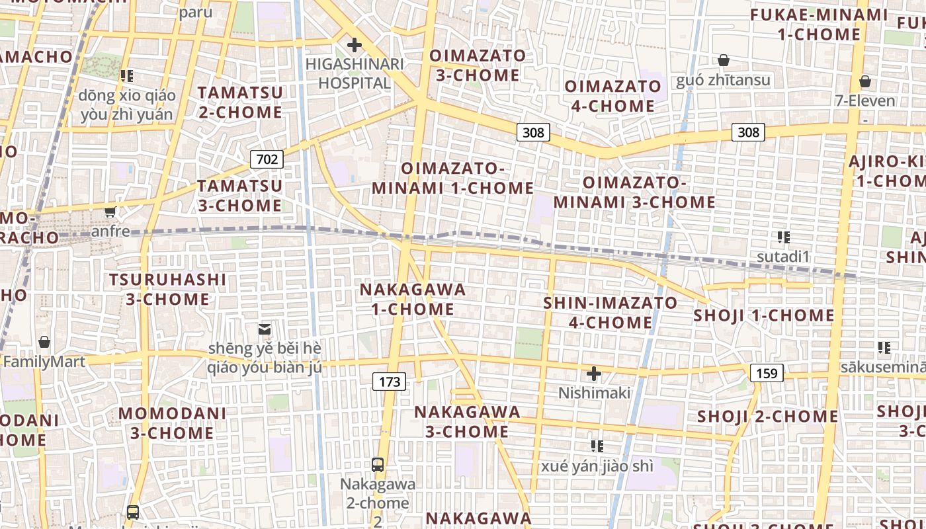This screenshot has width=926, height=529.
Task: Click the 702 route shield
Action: tap(267, 159)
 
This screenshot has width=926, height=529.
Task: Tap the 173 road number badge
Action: tap(390, 382)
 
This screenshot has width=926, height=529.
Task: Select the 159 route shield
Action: tap(767, 374)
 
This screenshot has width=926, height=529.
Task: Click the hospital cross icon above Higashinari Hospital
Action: tap(355, 45)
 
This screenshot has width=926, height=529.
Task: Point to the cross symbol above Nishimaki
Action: tap(594, 374)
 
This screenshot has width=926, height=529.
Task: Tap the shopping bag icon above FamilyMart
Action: tap(44, 342)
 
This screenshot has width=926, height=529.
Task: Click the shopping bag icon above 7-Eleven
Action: tap(864, 82)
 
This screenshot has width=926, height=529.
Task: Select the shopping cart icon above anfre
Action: tap(110, 212)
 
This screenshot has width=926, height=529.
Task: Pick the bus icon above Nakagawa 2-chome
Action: tap(378, 465)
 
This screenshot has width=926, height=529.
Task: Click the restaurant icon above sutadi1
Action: tap(784, 237)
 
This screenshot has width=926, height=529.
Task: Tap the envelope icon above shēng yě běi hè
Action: tap(265, 329)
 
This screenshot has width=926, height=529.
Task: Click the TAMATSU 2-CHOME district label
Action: tap(240, 102)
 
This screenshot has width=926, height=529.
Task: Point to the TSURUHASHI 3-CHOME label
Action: tap(168, 290)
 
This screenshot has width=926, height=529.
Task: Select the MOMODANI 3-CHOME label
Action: tap(172, 424)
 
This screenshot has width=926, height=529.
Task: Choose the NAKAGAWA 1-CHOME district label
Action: tap(413, 300)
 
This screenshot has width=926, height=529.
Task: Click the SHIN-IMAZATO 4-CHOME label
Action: tap(610, 313)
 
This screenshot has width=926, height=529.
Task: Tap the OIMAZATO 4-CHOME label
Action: tap(612, 97)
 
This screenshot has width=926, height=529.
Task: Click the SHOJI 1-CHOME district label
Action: tap(763, 315)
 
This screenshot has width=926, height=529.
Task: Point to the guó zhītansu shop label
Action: tap(723, 81)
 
